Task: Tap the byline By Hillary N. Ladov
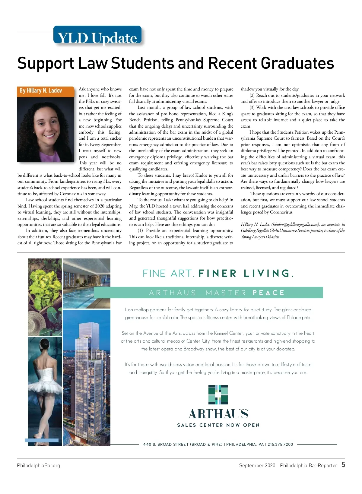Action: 41,90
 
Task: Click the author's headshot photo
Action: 46,129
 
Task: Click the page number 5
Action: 343,464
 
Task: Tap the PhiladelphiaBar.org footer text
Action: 38,465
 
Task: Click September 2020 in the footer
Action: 257,465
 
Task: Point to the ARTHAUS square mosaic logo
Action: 218,394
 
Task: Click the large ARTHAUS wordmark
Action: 218,414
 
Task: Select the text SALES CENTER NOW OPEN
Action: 218,425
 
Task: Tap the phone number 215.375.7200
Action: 280,444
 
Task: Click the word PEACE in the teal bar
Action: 269,293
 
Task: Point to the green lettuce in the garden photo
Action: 45,283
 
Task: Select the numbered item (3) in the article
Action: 252,108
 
